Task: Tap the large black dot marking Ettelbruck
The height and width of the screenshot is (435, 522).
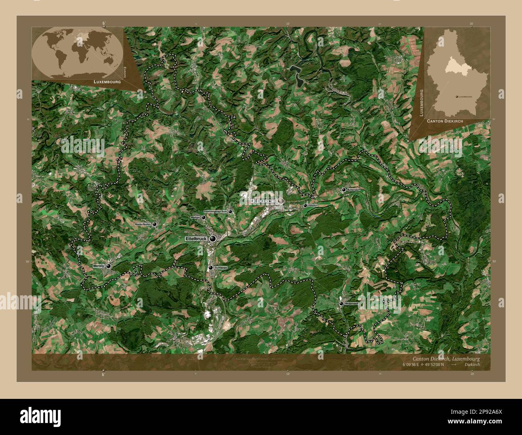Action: coord(212,239)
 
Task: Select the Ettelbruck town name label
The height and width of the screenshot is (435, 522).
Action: coord(196,239)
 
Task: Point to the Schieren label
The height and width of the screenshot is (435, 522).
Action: coord(221,267)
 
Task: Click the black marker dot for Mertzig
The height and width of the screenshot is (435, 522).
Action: coord(108,266)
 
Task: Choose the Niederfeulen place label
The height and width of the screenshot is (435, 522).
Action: coord(143,225)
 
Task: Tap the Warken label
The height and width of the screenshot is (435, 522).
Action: coord(196,217)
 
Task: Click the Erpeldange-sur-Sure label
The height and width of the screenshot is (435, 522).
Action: coord(216,211)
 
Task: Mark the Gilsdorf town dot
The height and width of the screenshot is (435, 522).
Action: coord(305,205)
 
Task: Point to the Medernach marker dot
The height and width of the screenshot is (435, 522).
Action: coord(341,304)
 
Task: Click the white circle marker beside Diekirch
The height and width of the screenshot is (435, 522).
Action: coord(279,200)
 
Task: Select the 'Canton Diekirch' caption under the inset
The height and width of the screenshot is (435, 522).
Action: coord(445,121)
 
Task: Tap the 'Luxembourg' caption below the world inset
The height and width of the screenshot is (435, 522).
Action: coord(107,81)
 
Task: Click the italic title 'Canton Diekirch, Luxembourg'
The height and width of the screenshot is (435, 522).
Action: coord(446,358)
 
